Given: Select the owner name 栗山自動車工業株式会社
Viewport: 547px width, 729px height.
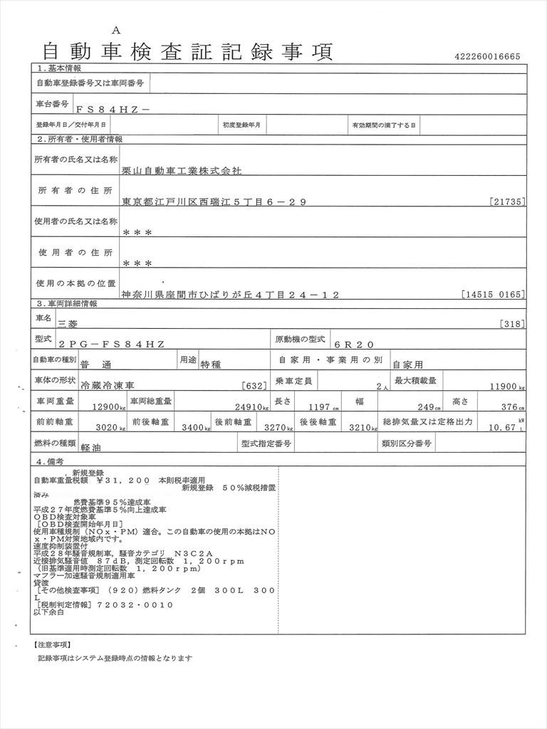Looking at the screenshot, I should (182, 172).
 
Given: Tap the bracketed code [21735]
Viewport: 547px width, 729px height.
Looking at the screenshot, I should (508, 202).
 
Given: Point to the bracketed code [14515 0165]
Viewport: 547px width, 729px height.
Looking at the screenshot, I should (493, 294).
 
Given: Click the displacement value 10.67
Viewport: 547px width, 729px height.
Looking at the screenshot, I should (503, 429).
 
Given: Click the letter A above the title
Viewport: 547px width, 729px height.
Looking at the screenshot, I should (117, 29).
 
